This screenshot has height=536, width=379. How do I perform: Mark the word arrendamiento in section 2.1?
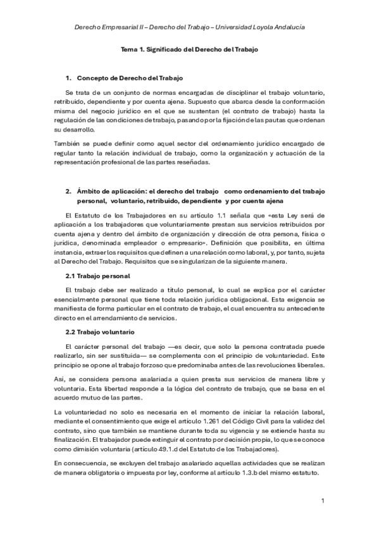tap(97, 318)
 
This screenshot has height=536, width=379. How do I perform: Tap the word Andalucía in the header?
tap(288, 28)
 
